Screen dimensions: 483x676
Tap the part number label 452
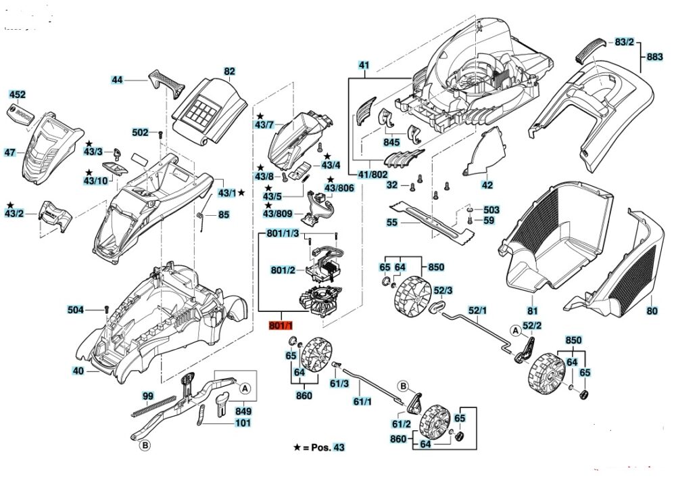pyautogui.click(x=17, y=94)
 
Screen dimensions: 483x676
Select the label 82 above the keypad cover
pyautogui.click(x=229, y=71)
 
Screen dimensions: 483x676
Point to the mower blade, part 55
pyautogui.click(x=433, y=220)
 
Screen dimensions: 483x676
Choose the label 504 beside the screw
pyautogui.click(x=76, y=310)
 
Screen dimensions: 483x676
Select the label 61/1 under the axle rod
pyautogui.click(x=363, y=402)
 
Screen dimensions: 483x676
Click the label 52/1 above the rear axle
pyautogui.click(x=477, y=310)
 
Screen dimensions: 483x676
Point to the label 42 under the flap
pyautogui.click(x=487, y=184)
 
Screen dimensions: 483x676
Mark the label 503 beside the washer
pyautogui.click(x=491, y=210)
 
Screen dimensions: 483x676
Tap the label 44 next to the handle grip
pyautogui.click(x=118, y=80)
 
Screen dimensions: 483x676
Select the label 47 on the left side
pyautogui.click(x=9, y=153)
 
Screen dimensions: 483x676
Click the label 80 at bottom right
pyautogui.click(x=651, y=311)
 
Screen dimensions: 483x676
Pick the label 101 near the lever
pyautogui.click(x=243, y=423)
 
